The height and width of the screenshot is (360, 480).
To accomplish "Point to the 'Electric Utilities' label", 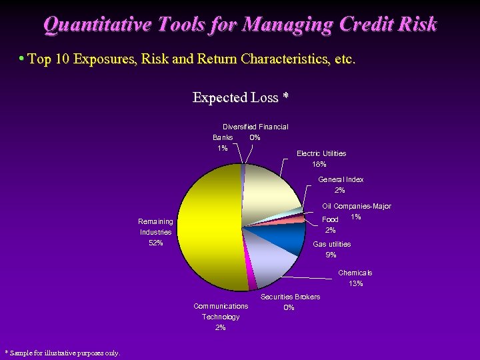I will click(321, 153).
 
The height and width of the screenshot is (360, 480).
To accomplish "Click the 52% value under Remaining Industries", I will click(155, 243).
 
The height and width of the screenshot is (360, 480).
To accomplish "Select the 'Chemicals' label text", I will click(355, 273).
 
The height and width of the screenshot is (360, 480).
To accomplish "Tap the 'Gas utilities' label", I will click(331, 244).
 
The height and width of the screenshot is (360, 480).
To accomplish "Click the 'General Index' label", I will click(341, 179).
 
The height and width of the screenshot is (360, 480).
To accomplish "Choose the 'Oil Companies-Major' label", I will click(357, 207).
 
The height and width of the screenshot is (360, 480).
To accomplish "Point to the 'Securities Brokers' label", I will click(290, 297).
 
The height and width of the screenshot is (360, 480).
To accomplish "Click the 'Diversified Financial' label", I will click(255, 127).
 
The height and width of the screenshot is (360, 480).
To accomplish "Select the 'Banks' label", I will click(223, 137).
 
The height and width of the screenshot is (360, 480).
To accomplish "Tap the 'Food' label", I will click(330, 219).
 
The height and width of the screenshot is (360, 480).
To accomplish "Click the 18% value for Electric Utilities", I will click(319, 164).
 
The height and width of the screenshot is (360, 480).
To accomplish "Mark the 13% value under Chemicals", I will click(355, 283).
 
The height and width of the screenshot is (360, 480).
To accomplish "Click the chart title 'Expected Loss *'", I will click(240, 98).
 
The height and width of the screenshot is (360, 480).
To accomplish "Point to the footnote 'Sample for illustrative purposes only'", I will click(63, 353).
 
